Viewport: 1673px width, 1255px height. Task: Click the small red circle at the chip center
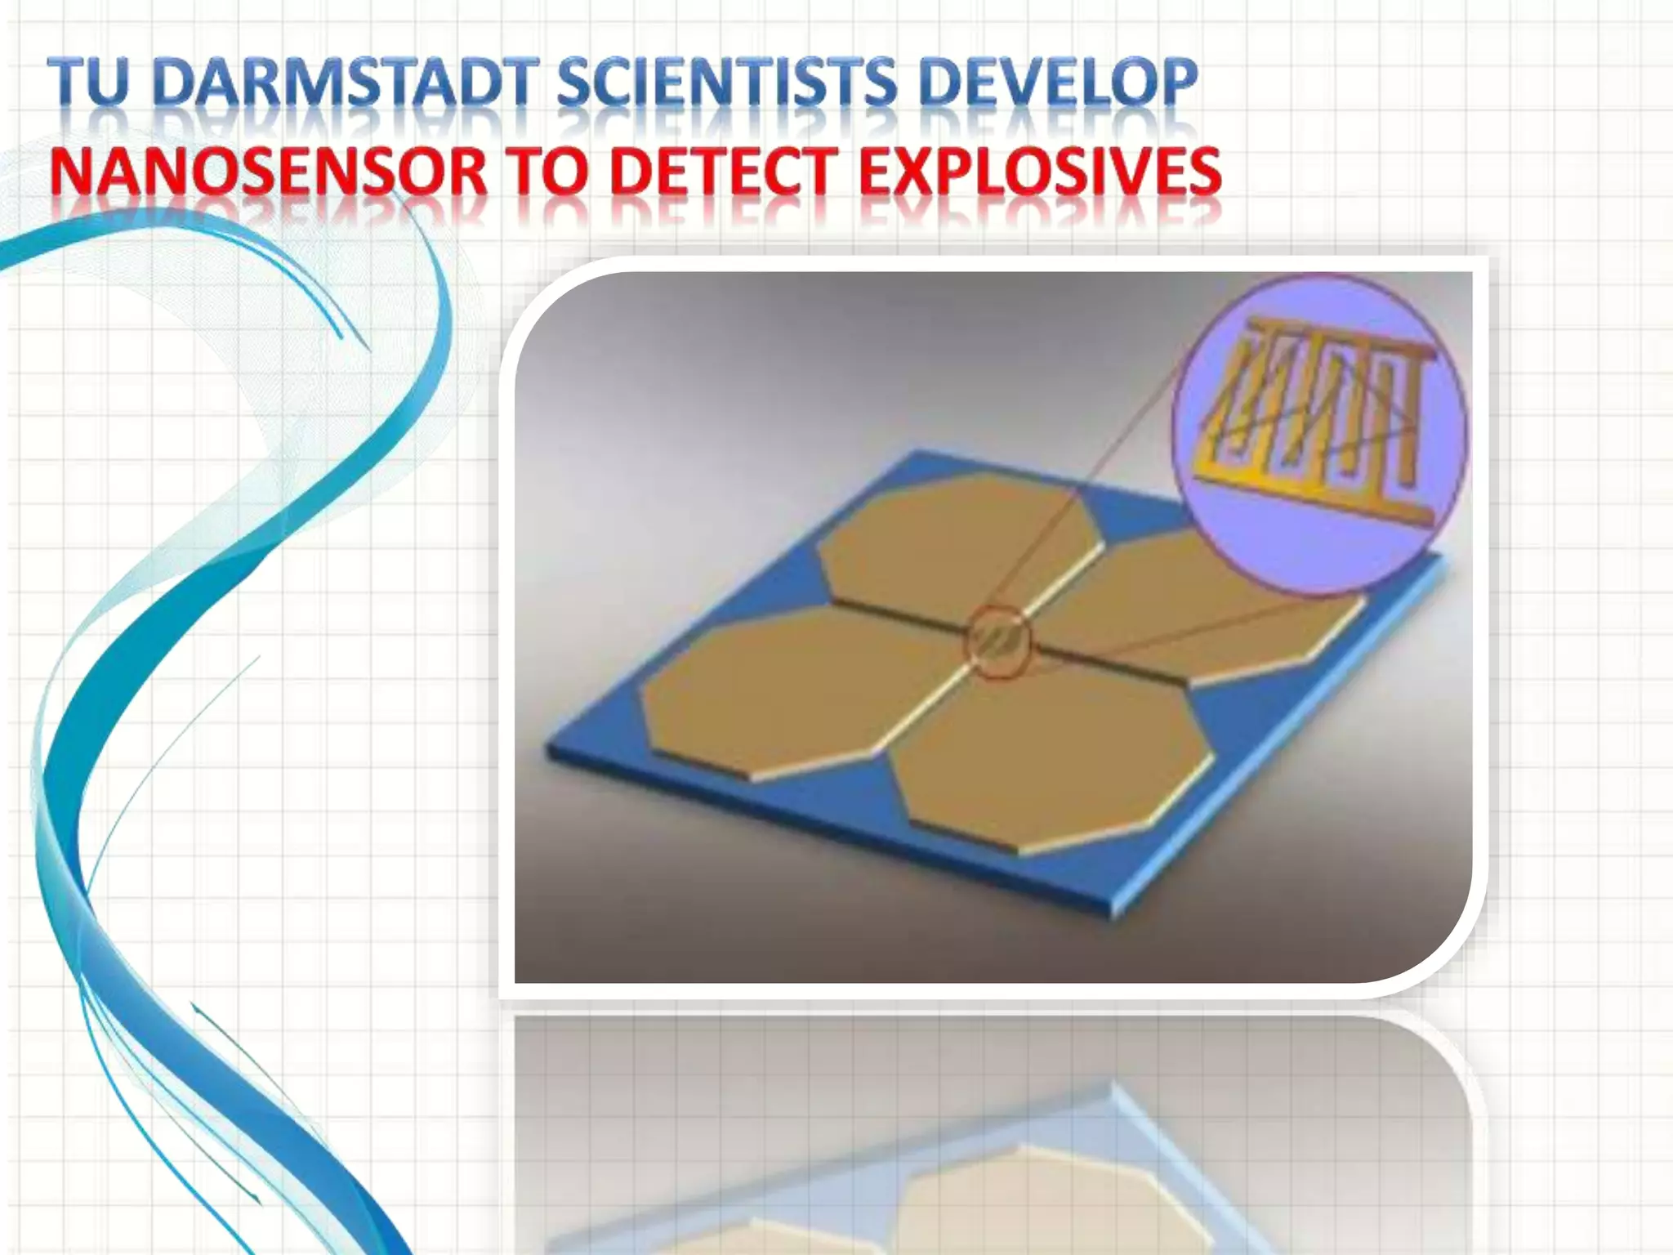pos(998,642)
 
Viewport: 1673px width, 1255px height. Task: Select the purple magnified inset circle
pos(1319,433)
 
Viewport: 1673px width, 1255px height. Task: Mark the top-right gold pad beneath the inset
pos(1209,621)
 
